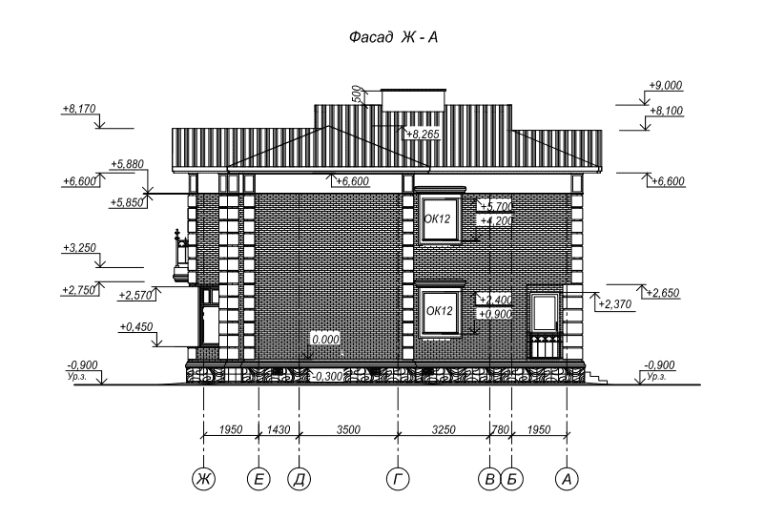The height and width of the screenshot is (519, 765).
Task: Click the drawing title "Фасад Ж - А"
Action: coord(393,37)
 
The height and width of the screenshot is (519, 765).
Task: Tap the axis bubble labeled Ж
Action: coord(203,479)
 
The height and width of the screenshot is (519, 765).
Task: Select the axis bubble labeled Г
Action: coord(398,479)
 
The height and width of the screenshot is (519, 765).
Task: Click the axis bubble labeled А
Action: coord(567,479)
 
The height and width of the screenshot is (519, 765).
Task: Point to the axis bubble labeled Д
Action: coord(300,479)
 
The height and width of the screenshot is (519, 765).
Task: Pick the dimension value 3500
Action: coord(348,429)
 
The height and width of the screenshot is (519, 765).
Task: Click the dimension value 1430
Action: coord(279,429)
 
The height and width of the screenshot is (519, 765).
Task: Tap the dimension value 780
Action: coord(500,429)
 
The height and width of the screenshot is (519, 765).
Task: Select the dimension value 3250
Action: coord(444,429)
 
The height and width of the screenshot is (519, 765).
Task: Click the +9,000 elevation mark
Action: coord(666,85)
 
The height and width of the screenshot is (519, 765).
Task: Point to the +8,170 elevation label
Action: coord(79,109)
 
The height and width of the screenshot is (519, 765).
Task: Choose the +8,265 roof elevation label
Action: coord(423,134)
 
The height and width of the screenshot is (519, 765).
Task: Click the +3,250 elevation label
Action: coord(79,248)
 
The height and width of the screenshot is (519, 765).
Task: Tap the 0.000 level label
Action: coord(325,339)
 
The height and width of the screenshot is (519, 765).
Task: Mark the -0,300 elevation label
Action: coord(326,376)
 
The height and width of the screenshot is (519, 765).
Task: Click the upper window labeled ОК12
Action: coord(441,219)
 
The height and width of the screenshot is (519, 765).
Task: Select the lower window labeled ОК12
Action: coord(441,312)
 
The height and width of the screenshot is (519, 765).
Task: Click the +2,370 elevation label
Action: coord(614,304)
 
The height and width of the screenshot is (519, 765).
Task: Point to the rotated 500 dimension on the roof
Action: coord(358,94)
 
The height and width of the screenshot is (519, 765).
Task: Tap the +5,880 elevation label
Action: coord(127,164)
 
